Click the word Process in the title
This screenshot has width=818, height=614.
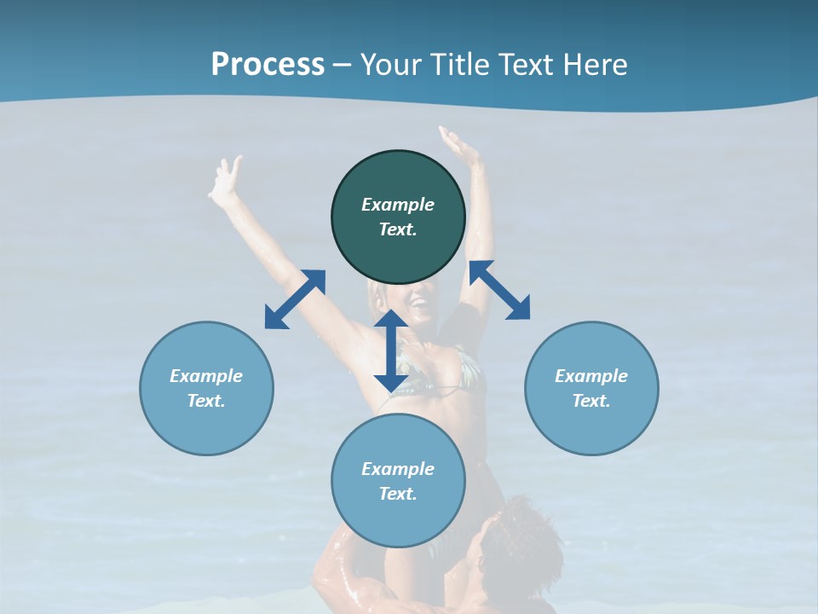click(268, 65)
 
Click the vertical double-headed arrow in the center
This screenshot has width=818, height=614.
click(391, 350)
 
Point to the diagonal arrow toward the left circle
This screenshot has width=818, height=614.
click(295, 299)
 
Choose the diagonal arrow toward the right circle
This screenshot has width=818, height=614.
click(499, 291)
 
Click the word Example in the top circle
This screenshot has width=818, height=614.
click(398, 205)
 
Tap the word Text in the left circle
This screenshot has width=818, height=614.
click(206, 401)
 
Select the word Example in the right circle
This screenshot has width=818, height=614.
click(591, 376)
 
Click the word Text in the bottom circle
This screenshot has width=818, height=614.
click(398, 494)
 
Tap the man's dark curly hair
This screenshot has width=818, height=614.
click(524, 537)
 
